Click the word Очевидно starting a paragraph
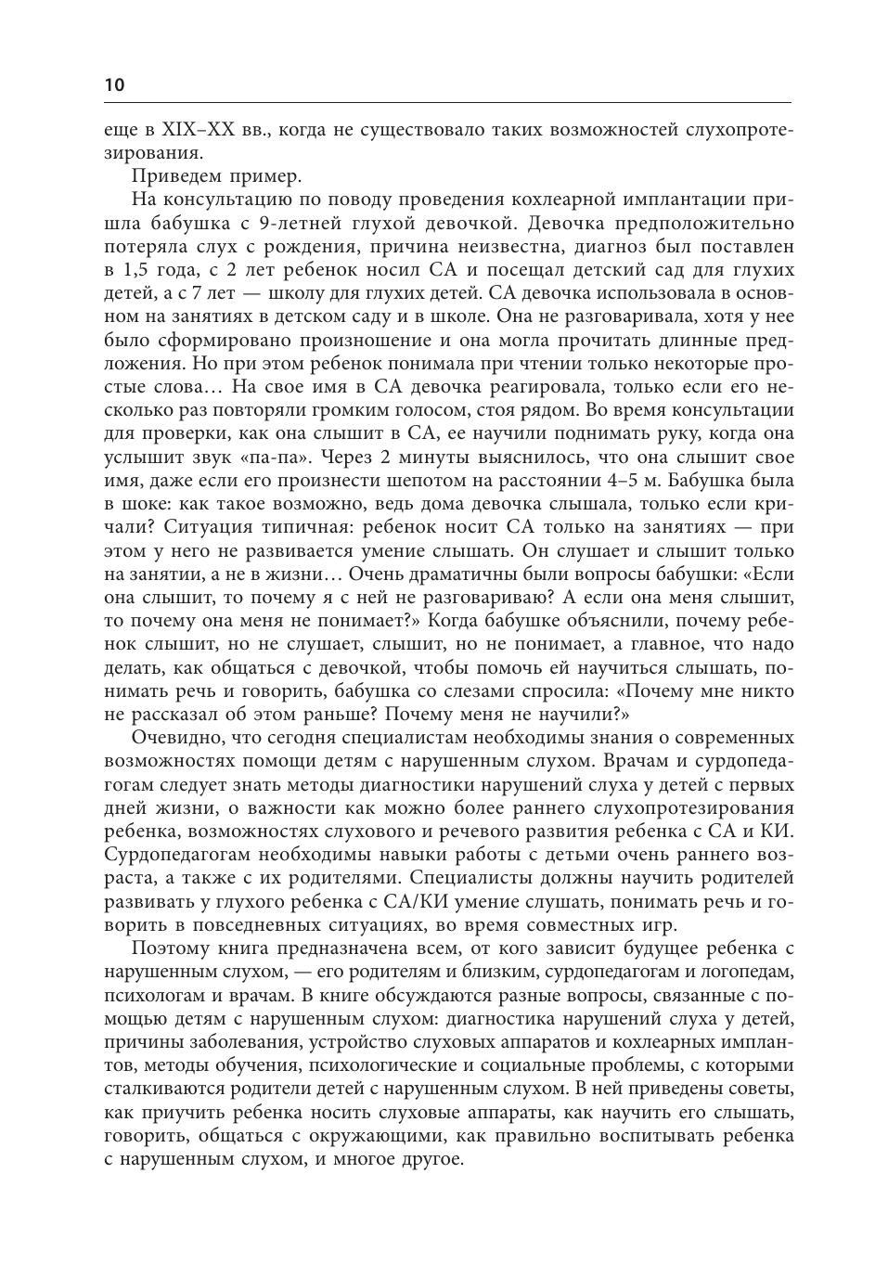(x=174, y=737)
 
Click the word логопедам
(x=746, y=971)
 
